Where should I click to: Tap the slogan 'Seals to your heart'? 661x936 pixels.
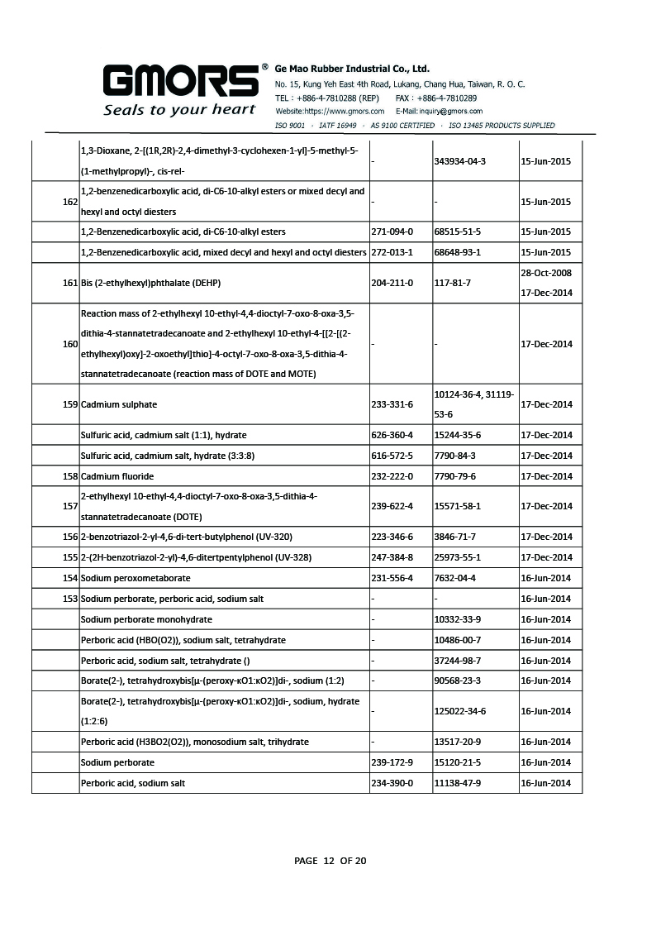(x=178, y=110)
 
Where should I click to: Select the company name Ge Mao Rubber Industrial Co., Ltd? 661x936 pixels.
(x=352, y=69)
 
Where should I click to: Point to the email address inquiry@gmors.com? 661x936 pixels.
(x=451, y=111)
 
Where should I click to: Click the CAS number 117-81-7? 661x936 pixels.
(x=452, y=283)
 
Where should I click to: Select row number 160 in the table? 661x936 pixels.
(x=70, y=344)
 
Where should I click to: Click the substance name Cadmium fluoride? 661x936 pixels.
(x=117, y=476)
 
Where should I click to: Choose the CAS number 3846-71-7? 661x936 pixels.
(x=454, y=537)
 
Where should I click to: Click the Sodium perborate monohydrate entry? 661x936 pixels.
(x=146, y=619)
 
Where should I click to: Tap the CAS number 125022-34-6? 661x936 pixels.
(x=459, y=711)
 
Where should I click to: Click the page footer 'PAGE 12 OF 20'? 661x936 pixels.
(x=330, y=861)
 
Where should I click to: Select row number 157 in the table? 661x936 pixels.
(x=70, y=506)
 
